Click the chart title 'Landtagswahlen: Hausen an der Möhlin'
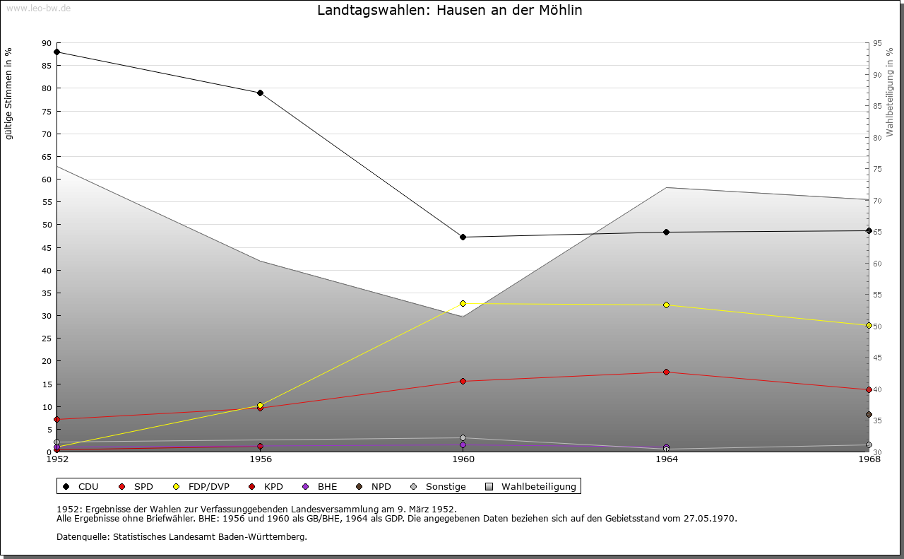pyautogui.click(x=450, y=11)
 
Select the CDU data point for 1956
pyautogui.click(x=260, y=93)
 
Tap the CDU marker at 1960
pyautogui.click(x=463, y=237)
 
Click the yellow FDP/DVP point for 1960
pyautogui.click(x=463, y=303)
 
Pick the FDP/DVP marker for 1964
pyautogui.click(x=666, y=305)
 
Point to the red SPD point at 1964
pyautogui.click(x=666, y=372)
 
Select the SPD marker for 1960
pyautogui.click(x=463, y=381)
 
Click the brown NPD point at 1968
pyautogui.click(x=869, y=414)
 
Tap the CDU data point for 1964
pyautogui.click(x=666, y=232)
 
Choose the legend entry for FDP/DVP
pyautogui.click(x=202, y=486)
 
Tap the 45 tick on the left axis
pyautogui.click(x=47, y=247)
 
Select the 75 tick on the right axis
pyautogui.click(x=877, y=169)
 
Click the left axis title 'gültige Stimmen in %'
pyautogui.click(x=8, y=93)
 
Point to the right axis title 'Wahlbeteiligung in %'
pyautogui.click(x=891, y=93)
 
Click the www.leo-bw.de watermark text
pyautogui.click(x=38, y=7)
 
